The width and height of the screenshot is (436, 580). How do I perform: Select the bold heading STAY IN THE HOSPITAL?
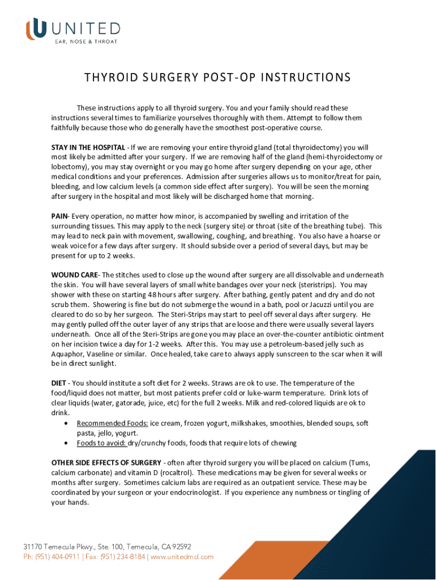[x=88, y=147]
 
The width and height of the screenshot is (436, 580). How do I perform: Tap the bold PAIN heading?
[x=59, y=216]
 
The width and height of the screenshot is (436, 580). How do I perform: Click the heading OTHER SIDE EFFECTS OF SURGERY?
[x=106, y=462]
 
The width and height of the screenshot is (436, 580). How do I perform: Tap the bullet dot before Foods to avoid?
[x=69, y=443]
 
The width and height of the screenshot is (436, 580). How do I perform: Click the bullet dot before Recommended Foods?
[x=69, y=423]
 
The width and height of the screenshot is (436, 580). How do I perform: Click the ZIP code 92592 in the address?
[x=180, y=547]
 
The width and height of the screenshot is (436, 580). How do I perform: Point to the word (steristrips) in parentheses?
[x=314, y=285]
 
